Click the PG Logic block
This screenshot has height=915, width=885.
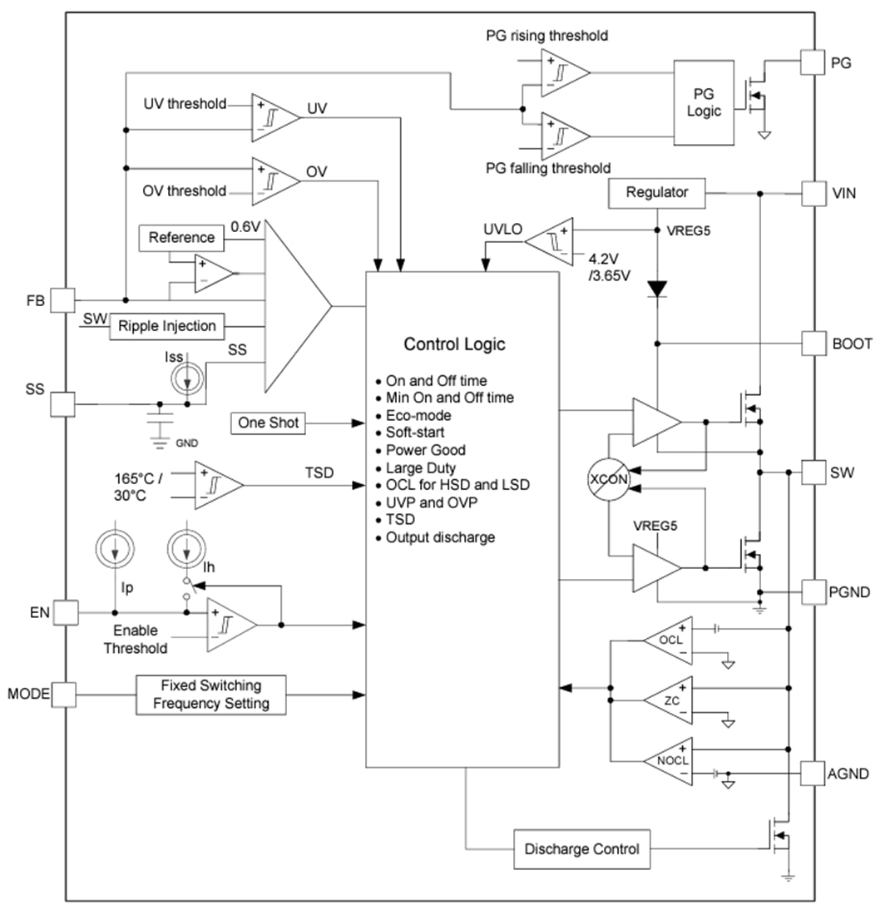[703, 101]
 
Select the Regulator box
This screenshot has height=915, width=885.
[656, 193]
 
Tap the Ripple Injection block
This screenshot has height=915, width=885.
[166, 326]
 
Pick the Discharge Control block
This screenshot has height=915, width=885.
[581, 849]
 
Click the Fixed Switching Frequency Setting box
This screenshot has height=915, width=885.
[210, 695]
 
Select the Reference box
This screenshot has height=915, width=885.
[180, 238]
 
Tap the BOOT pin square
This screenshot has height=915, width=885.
[813, 343]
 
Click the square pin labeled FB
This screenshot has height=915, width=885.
[63, 299]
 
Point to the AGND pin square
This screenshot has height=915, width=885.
[813, 774]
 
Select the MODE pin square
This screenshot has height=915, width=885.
[63, 693]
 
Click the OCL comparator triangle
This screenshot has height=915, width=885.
[670, 641]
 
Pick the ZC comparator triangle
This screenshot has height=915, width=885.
[670, 701]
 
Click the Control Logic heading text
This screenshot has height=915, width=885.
[454, 344]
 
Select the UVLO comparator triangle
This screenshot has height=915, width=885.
[551, 241]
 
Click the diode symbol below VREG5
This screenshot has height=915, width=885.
[657, 289]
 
